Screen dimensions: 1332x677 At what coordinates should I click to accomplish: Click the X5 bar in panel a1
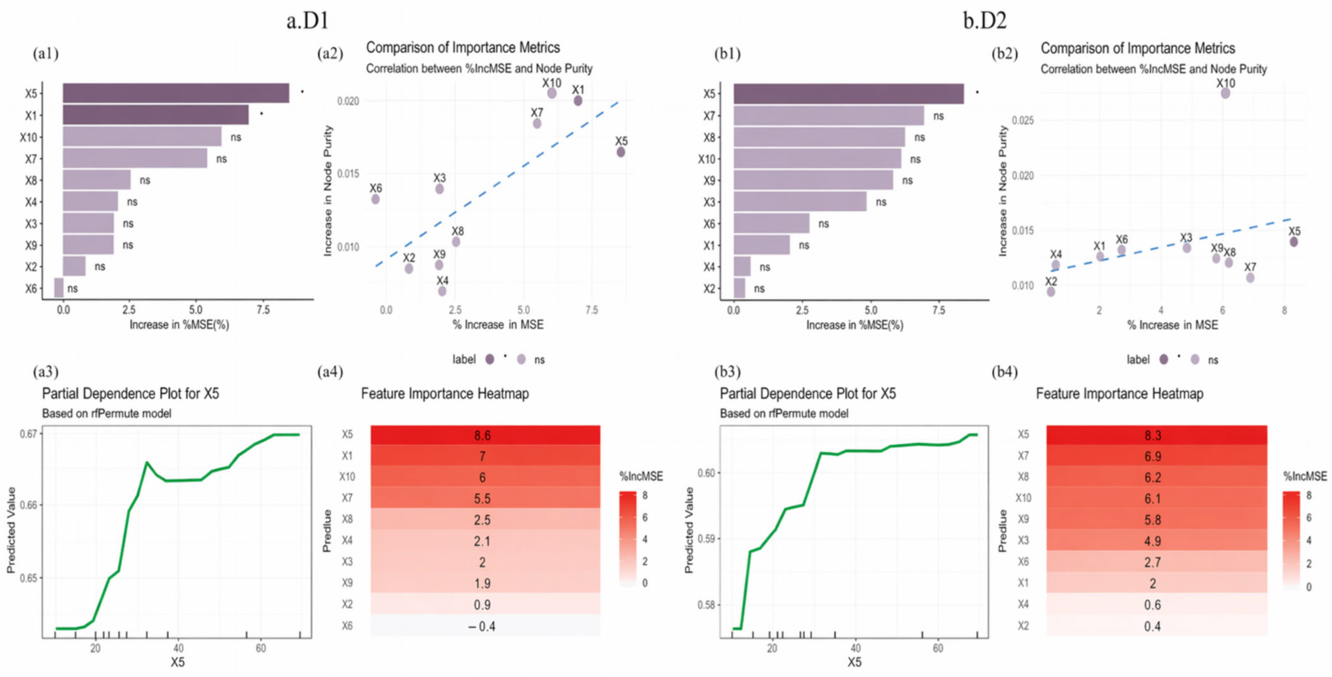click(176, 93)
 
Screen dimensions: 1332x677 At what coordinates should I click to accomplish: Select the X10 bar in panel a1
click(142, 137)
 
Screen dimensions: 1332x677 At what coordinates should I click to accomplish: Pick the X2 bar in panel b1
click(740, 288)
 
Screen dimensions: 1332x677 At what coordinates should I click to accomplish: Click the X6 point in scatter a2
click(375, 199)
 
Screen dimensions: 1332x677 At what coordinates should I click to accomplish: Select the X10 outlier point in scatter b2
click(1225, 93)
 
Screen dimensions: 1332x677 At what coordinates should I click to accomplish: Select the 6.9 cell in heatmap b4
click(1157, 456)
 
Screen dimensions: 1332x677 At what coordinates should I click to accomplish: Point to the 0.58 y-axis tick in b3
click(706, 605)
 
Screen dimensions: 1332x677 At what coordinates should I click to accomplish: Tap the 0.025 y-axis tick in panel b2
click(1022, 121)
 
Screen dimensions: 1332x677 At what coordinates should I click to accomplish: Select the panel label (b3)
click(727, 372)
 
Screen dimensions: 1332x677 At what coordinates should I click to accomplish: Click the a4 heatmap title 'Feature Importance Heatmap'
click(445, 394)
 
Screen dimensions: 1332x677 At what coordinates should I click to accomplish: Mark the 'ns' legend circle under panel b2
click(1195, 359)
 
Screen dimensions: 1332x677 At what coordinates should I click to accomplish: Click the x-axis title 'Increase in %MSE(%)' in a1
click(179, 324)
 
